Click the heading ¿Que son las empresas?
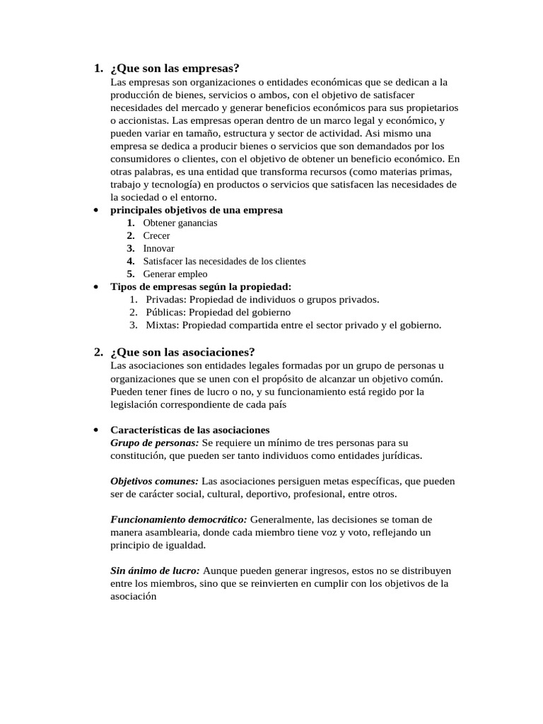pos(175,69)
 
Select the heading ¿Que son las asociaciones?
pos(182,352)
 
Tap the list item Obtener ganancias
pos(180,223)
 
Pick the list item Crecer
pos(156,235)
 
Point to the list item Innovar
pos(158,248)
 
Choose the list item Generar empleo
pos(175,274)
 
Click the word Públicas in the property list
pos(165,312)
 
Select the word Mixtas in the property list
pos(163,325)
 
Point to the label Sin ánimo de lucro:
pos(155,570)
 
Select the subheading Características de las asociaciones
pos(190,430)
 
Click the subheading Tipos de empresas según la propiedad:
pos(201,286)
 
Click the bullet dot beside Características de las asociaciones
pos(95,430)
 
